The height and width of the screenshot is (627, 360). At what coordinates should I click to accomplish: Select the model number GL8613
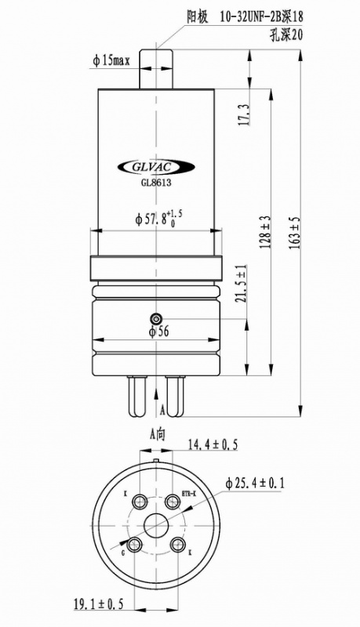tap(156, 183)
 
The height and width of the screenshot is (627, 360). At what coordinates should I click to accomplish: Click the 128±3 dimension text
tap(266, 233)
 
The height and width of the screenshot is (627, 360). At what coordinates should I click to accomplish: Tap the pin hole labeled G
tap(135, 543)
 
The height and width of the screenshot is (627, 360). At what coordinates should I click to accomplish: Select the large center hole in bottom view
tap(156, 524)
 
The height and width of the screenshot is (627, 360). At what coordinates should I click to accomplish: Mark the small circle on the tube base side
tap(156, 319)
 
